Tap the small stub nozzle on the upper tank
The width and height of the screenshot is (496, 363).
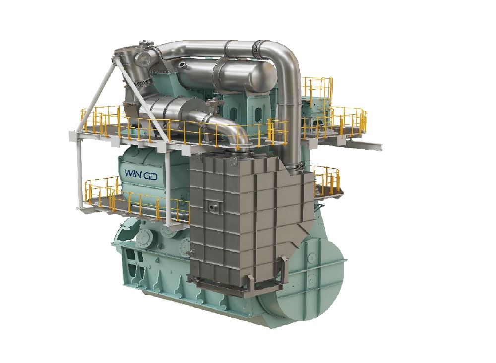[184, 64]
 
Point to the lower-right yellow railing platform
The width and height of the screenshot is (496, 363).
[325, 181]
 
